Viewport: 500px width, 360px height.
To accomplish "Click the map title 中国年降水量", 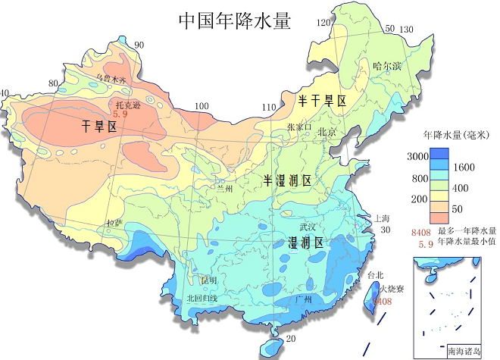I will click(235, 20).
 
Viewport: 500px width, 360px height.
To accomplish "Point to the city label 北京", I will click(327, 131).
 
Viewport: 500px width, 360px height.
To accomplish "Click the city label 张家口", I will click(299, 127).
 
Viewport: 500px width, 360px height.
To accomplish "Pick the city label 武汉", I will click(308, 227).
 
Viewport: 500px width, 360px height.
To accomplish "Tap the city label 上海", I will click(383, 218).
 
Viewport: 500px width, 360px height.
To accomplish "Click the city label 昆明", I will click(208, 280).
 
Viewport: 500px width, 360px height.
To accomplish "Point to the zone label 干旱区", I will click(99, 127).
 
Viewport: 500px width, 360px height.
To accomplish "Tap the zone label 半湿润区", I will click(287, 180).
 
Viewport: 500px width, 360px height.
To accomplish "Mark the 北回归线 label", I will click(202, 298).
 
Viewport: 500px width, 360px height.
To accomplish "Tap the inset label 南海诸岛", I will click(464, 351).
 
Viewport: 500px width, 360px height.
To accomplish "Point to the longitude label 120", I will click(323, 23).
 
